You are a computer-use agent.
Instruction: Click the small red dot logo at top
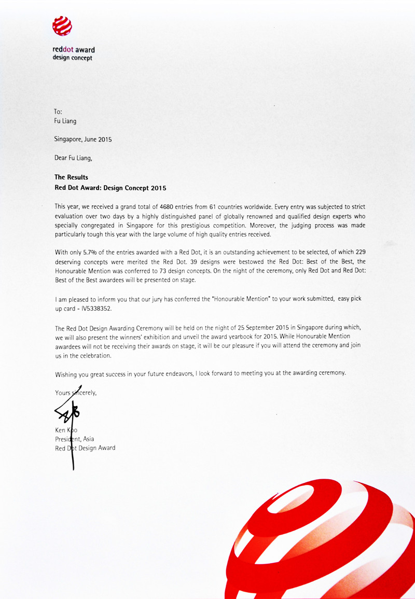tap(62, 26)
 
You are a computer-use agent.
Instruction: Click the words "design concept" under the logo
tap(73, 58)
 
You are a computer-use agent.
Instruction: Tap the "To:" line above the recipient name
tap(58, 112)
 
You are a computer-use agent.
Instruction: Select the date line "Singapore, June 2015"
tap(83, 140)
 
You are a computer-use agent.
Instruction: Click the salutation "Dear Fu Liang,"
tap(76, 157)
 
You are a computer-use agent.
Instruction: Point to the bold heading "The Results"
tap(71, 177)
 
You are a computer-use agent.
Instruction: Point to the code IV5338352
tap(95, 309)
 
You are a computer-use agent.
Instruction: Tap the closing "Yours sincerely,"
tap(76, 393)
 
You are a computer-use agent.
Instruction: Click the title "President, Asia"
tap(74, 439)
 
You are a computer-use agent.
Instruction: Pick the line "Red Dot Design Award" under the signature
tap(85, 448)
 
